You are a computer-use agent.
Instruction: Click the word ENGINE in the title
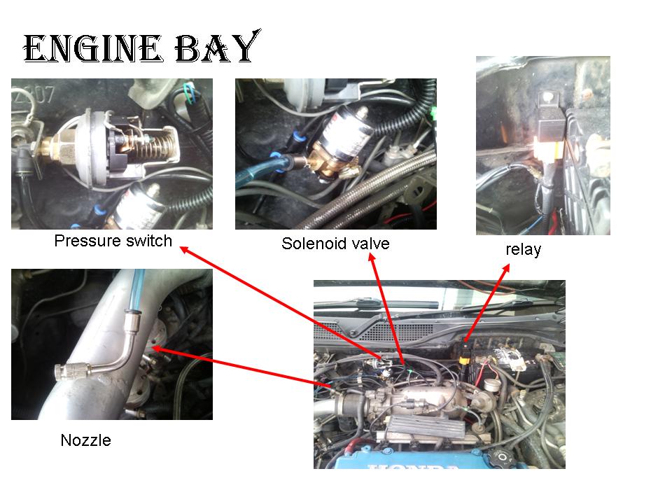[x=92, y=48]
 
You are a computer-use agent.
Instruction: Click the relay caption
[x=524, y=249]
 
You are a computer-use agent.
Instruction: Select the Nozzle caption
[x=85, y=440]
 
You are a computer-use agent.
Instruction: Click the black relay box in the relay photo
[x=552, y=127]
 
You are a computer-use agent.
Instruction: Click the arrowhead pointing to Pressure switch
[x=184, y=249]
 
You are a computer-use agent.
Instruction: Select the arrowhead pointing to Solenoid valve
[x=372, y=257]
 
